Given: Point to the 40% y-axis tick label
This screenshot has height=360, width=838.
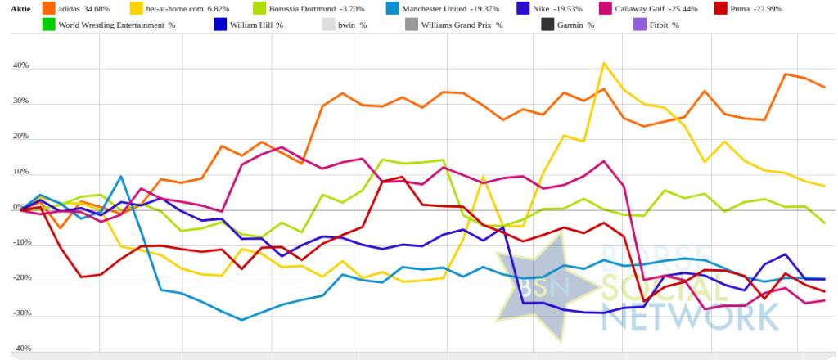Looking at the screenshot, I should click(x=20, y=66).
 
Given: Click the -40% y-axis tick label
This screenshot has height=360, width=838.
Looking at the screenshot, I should click(x=19, y=349).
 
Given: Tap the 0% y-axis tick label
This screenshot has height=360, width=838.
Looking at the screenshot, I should click(x=23, y=207).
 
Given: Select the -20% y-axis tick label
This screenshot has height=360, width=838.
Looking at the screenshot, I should click(x=19, y=278).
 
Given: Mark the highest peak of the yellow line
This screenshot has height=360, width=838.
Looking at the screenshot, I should click(x=604, y=63).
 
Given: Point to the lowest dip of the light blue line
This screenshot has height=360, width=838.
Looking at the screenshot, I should click(x=241, y=320).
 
